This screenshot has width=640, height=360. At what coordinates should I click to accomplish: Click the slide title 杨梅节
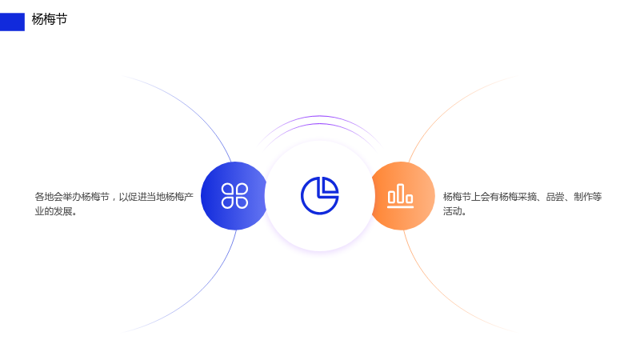pos(50,19)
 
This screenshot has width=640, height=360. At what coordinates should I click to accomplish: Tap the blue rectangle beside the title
pos(12,22)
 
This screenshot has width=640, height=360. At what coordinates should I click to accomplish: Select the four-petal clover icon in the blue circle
pos(234,196)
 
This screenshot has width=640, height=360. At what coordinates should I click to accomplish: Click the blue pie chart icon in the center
pos(319,195)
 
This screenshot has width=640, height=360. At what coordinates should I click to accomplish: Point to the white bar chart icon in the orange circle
pos(401,196)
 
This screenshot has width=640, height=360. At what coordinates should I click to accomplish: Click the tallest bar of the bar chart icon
pos(401,193)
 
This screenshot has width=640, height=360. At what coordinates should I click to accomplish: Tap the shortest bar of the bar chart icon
pos(410,198)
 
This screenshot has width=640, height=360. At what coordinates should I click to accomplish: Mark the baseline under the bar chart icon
pos(401,207)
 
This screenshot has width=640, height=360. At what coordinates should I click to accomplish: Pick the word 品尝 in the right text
pos(555,197)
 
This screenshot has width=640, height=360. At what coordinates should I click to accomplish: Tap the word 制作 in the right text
pos(583,197)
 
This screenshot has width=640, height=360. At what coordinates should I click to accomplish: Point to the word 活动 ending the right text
pos(452,211)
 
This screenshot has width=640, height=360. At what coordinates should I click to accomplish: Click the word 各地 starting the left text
pos(44,197)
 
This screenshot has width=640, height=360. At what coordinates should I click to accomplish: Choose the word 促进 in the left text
pos(137,197)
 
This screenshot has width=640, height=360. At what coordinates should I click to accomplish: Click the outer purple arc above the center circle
pos(319,116)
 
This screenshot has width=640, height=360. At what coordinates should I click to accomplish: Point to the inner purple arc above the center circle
pos(319,123)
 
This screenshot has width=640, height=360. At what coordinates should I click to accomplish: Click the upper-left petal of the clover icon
pos(228,190)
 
